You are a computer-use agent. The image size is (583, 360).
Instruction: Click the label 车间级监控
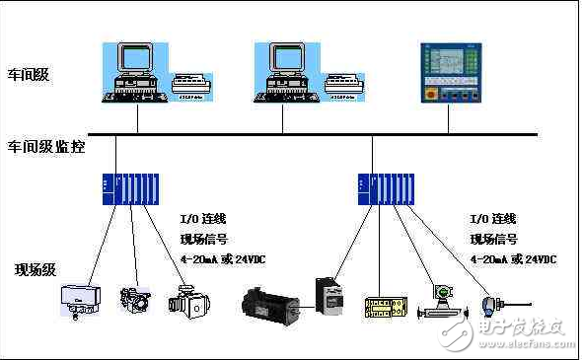tap(46, 147)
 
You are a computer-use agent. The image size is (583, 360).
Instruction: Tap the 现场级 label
tap(34, 269)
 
